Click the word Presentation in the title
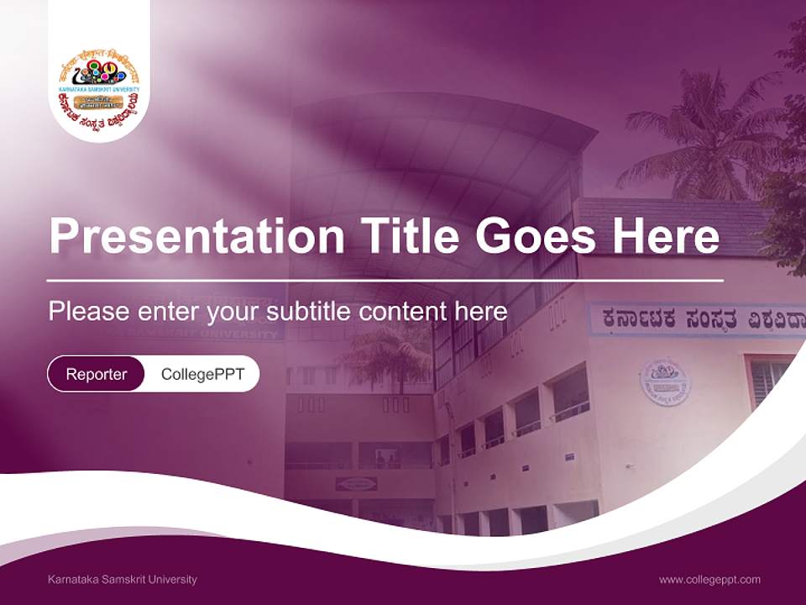coord(196,236)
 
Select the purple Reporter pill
coord(96,374)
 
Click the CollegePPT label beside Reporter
coord(202,374)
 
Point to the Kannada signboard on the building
coord(697,320)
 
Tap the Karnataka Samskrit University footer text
coord(123,580)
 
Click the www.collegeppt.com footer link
coord(709,580)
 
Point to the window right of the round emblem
coord(769,379)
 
